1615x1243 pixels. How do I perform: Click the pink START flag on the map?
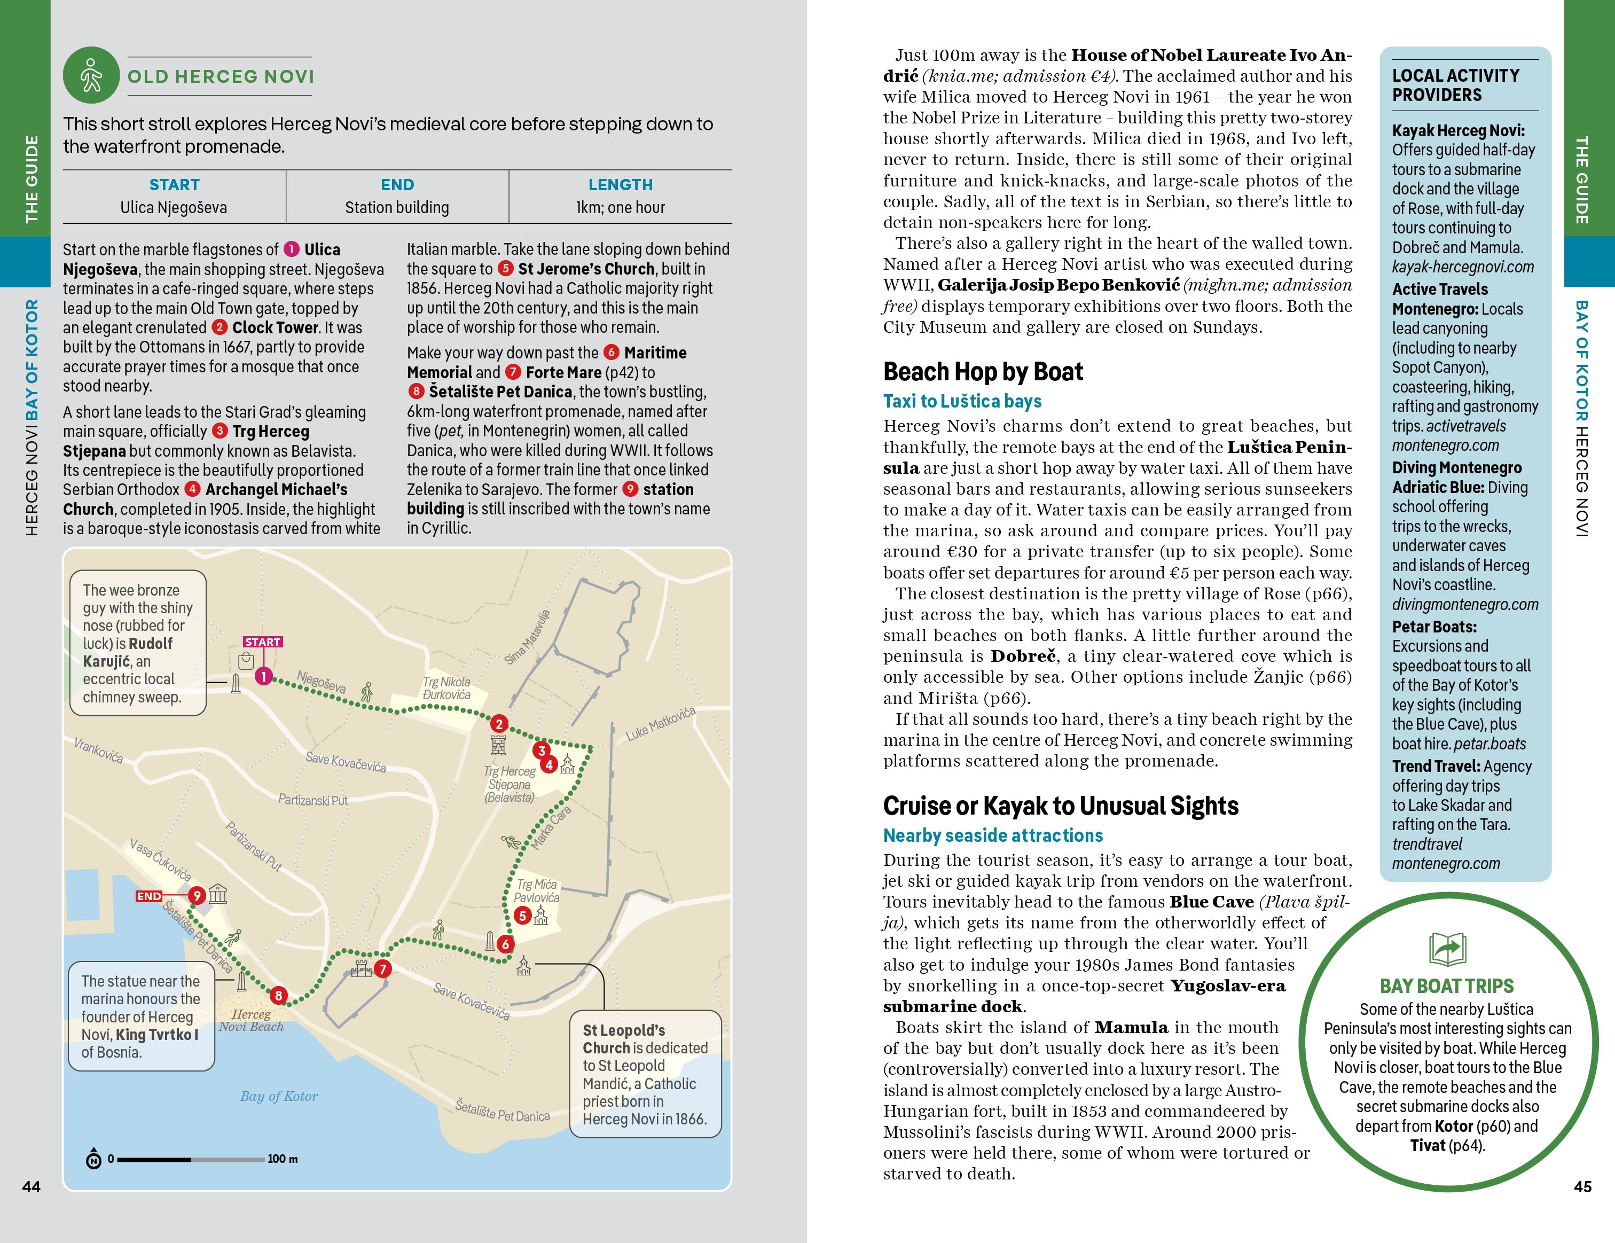coord(263,642)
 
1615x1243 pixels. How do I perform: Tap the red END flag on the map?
coord(148,896)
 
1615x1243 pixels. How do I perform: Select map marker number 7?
coord(382,968)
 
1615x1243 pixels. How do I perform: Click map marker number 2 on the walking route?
coord(499,724)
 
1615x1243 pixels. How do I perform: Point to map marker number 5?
coord(523,916)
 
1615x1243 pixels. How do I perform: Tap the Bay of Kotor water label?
coord(279,1097)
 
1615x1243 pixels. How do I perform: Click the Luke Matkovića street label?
coord(660,724)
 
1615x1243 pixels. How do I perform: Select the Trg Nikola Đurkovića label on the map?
coord(446,689)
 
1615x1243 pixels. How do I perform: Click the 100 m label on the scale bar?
coord(283,1159)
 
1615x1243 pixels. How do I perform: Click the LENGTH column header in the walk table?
coord(621,185)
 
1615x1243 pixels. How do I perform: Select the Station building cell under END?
coord(397,208)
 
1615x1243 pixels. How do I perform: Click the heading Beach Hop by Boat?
coord(983,371)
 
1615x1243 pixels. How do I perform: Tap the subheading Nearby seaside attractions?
coord(992,835)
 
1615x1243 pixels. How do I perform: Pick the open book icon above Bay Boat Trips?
coord(1447,949)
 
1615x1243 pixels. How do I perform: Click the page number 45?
coord(1582,1187)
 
